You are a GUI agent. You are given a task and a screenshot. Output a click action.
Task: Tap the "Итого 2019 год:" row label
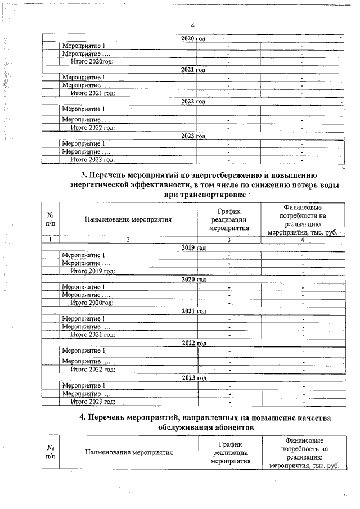point(93,271)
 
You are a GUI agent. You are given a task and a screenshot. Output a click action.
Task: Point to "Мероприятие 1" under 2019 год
point(83,256)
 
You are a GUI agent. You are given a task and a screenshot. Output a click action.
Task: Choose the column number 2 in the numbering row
point(128,240)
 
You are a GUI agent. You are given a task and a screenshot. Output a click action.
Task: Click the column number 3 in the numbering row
point(229,240)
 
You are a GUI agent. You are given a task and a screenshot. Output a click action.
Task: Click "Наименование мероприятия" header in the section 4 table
point(129,451)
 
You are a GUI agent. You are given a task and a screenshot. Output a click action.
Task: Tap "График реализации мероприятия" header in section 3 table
point(229,219)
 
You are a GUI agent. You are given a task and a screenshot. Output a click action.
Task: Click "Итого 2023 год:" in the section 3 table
point(93,402)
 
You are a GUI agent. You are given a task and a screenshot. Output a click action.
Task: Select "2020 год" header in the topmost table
point(193,38)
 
